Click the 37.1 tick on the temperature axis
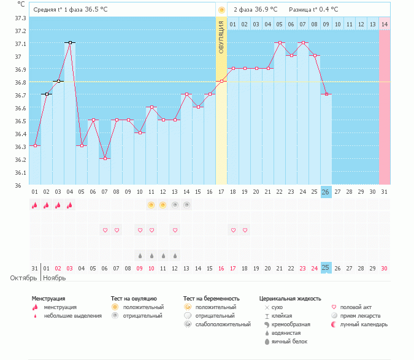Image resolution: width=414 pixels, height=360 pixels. pyautogui.click(x=20, y=44)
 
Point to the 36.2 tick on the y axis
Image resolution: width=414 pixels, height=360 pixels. pyautogui.click(x=20, y=159)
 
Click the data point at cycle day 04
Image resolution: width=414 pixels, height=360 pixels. pyautogui.click(x=70, y=43)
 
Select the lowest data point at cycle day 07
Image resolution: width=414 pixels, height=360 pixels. pyautogui.click(x=105, y=158)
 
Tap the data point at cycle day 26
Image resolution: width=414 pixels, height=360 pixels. pyautogui.click(x=326, y=94)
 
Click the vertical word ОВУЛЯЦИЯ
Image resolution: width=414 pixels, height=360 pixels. pyautogui.click(x=221, y=36)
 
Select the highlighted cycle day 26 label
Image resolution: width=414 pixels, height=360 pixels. pyautogui.click(x=326, y=192)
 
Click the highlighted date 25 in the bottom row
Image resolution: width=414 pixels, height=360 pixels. pyautogui.click(x=326, y=268)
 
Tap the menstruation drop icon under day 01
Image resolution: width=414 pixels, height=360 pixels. pyautogui.click(x=35, y=205)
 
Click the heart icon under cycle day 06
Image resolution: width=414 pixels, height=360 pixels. pyautogui.click(x=105, y=230)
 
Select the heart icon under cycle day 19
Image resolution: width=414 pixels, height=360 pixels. pyautogui.click(x=245, y=230)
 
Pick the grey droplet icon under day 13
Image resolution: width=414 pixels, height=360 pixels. pyautogui.click(x=175, y=255)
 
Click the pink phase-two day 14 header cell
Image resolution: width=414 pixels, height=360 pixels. pyautogui.click(x=385, y=24)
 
